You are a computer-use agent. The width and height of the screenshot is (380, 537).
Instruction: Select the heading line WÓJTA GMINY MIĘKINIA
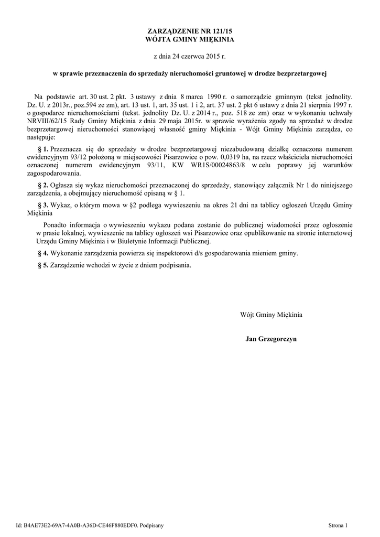pos(190,39)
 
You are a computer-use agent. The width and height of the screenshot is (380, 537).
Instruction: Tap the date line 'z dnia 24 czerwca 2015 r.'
pos(190,55)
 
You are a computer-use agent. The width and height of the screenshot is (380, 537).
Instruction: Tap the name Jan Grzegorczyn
pos(271,339)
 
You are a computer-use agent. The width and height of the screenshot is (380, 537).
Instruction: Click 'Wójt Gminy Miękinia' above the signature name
pos(271,315)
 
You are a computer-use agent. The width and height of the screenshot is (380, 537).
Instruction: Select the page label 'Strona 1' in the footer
pos(338,525)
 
